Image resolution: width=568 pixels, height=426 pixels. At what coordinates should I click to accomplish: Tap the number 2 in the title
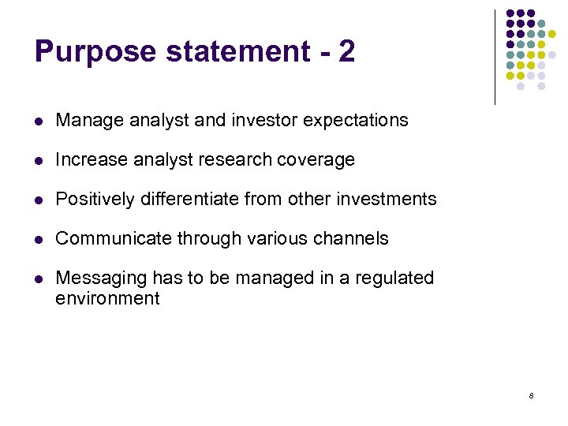(346, 52)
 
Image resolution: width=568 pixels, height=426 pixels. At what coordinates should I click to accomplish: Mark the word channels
(352, 239)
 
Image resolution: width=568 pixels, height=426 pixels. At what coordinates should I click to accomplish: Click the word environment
(107, 299)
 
